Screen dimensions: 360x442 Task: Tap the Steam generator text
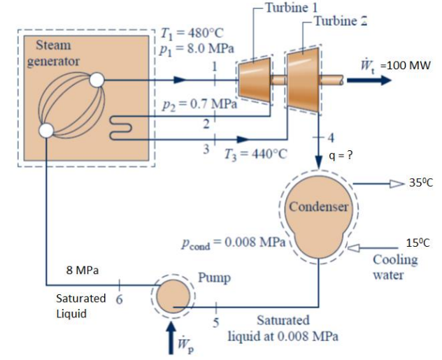(x=53, y=53)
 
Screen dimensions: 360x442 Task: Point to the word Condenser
(x=318, y=207)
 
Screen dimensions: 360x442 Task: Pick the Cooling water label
(x=395, y=267)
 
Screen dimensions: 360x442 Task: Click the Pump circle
(x=171, y=298)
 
